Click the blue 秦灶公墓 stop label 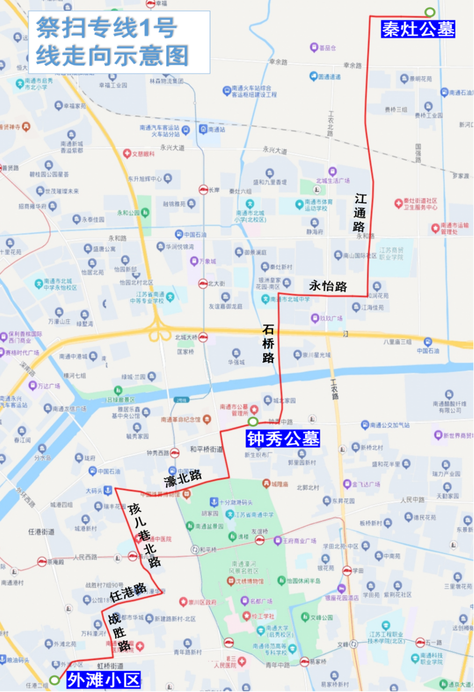pyautogui.click(x=418, y=29)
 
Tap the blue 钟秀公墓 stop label pyautogui.click(x=283, y=438)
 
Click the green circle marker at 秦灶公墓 pyautogui.click(x=430, y=12)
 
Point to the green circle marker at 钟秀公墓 pyautogui.click(x=253, y=422)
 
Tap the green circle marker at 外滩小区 pyautogui.click(x=54, y=680)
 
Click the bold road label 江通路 pyautogui.click(x=360, y=213)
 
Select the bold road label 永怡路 pyautogui.click(x=328, y=287)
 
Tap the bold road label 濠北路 pyautogui.click(x=183, y=478)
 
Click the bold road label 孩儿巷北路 pyautogui.click(x=144, y=535)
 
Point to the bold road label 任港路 pyautogui.click(x=128, y=592)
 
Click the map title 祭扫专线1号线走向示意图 pyautogui.click(x=113, y=42)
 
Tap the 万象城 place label pyautogui.click(x=207, y=261)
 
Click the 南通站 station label pyautogui.click(x=216, y=130)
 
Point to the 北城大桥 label pyautogui.click(x=186, y=337)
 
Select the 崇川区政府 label pyautogui.click(x=202, y=602)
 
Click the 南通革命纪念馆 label pyautogui.click(x=180, y=419)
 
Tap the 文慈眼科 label pyautogui.click(x=143, y=154)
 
